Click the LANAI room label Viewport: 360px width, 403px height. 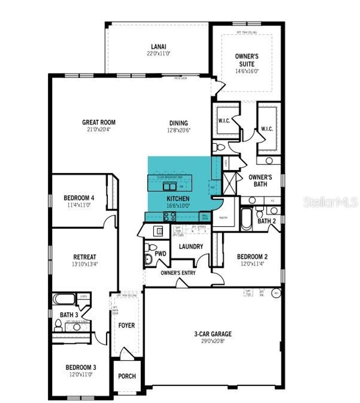click(159, 46)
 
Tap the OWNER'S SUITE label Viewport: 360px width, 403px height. click(247, 60)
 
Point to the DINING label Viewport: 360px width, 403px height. click(179, 123)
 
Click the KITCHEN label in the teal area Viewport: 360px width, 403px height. click(178, 199)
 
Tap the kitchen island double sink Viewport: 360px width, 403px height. click(170, 186)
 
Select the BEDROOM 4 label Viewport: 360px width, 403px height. click(79, 198)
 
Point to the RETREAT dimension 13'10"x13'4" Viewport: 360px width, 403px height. click(84, 263)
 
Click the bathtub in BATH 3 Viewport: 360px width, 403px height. click(64, 299)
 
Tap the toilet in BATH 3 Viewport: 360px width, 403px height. click(58, 326)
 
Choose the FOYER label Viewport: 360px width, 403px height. click(126, 325)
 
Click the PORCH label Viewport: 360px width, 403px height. click(127, 376)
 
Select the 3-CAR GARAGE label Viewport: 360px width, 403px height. click(213, 334)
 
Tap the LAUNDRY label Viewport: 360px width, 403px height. click(191, 247)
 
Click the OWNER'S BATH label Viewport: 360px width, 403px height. click(260, 180)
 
